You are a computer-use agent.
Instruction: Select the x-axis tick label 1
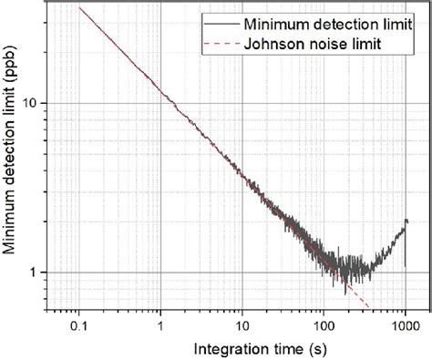pyautogui.click(x=161, y=325)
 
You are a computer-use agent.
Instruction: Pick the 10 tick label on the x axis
pyautogui.click(x=242, y=325)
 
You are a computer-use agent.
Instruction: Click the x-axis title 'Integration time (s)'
pyautogui.click(x=242, y=347)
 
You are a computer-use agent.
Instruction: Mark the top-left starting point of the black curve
pyautogui.click(x=80, y=8)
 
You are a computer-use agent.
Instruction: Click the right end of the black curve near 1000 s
pyautogui.click(x=406, y=221)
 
